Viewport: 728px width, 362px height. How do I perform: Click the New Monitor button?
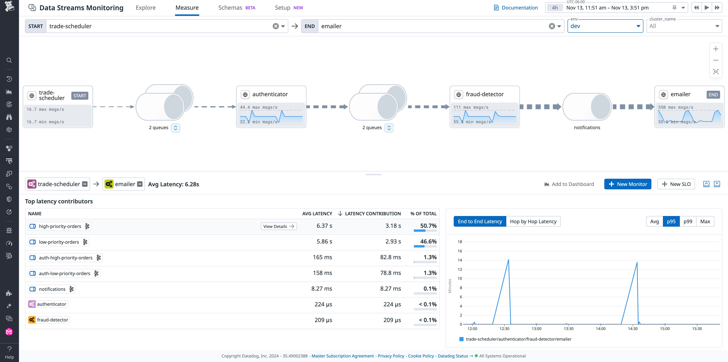(627, 184)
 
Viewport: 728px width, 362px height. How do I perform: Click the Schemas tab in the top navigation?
(230, 8)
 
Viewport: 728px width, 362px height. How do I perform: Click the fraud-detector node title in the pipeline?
(484, 94)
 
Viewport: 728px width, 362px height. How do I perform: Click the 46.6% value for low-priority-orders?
(428, 242)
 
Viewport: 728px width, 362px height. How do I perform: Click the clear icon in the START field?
(276, 26)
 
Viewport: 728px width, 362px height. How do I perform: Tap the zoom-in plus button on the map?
(715, 49)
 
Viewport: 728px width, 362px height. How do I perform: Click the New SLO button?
(676, 184)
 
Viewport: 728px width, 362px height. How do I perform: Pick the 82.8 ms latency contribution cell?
(390, 257)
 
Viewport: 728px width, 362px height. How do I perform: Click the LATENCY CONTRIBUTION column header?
(373, 214)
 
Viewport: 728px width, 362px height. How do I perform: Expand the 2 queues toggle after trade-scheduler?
(175, 128)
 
